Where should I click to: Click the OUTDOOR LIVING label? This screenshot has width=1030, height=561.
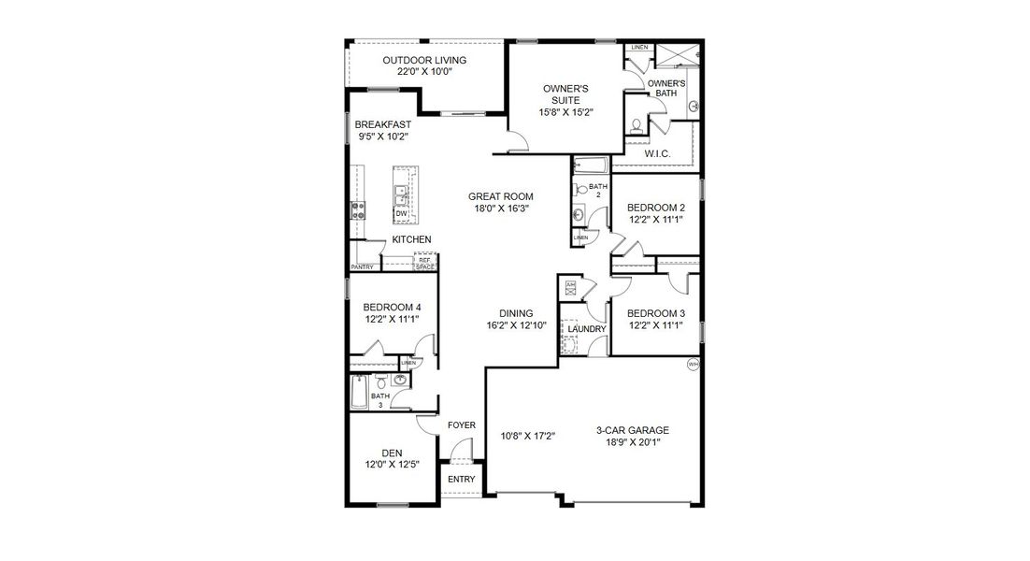pos(424,61)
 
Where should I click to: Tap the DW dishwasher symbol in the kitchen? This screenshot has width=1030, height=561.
pos(401,214)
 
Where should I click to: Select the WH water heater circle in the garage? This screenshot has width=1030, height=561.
pos(693,365)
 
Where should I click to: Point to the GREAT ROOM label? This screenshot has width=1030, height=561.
pos(501,196)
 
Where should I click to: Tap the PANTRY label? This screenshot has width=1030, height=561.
pos(363,267)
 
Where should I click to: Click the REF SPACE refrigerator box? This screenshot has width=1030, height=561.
pos(425,263)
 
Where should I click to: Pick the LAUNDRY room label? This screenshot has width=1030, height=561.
pos(587,329)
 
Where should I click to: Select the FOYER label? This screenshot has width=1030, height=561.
pos(462,425)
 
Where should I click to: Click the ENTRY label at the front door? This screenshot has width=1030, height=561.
pos(462,480)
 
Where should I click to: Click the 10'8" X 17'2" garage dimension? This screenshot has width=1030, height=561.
pos(529,436)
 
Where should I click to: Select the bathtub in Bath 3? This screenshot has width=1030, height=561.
pos(359,394)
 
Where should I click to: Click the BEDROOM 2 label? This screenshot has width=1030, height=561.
pos(656,208)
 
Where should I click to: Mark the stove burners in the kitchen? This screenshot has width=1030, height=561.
pos(357,210)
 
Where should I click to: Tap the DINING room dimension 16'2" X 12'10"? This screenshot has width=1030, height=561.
pos(516,325)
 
